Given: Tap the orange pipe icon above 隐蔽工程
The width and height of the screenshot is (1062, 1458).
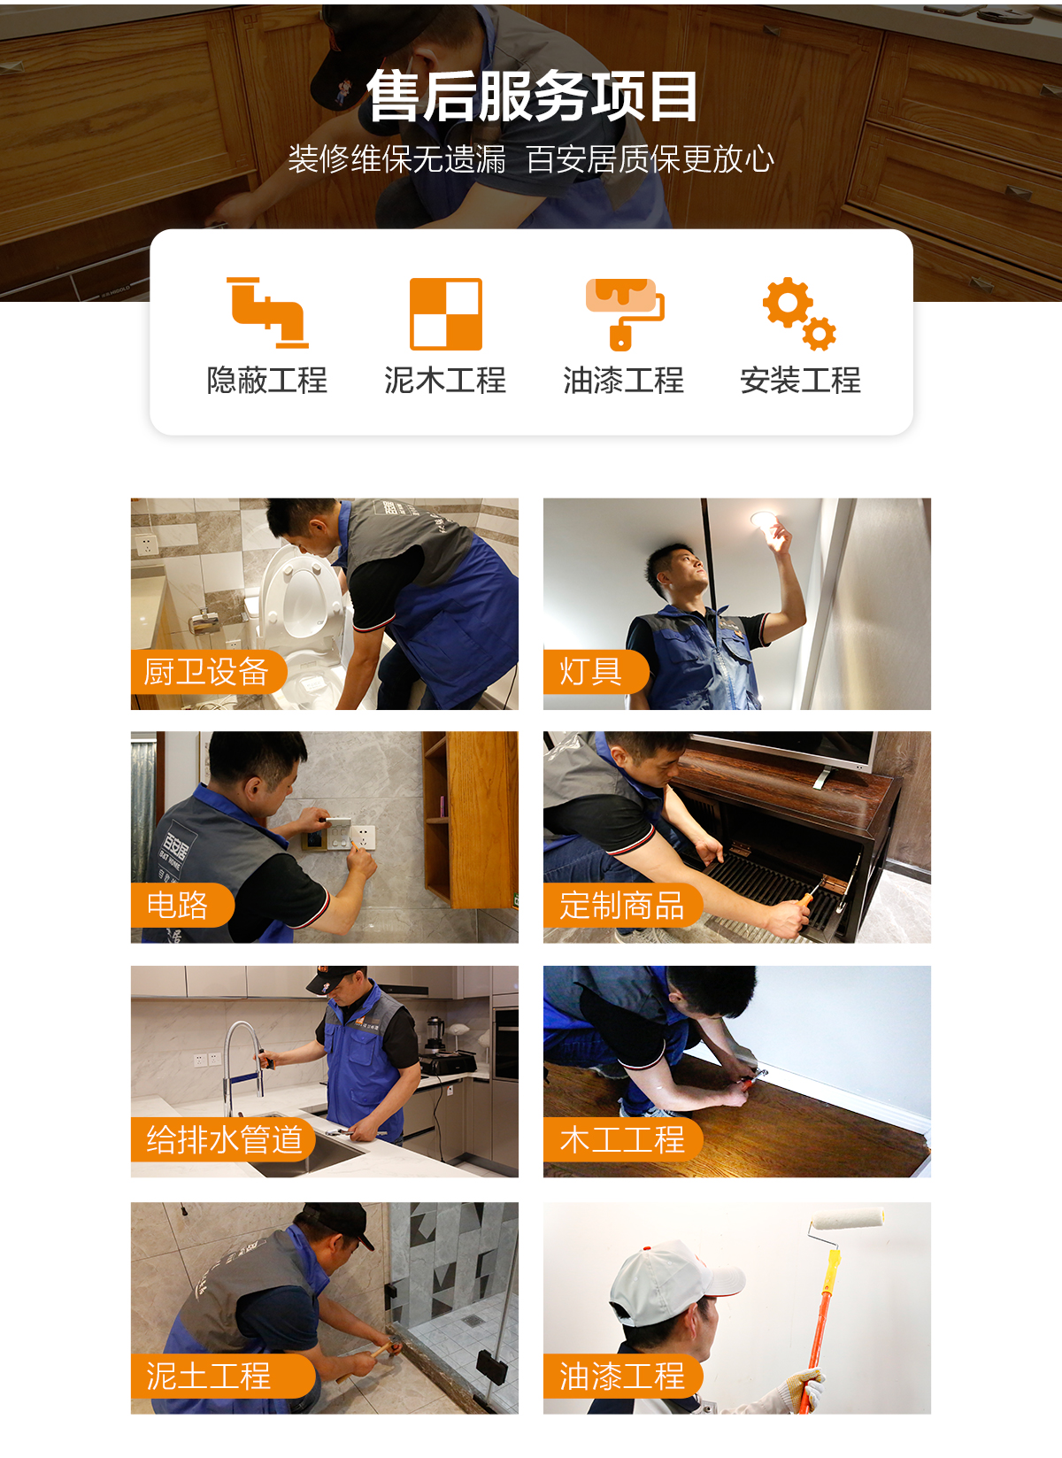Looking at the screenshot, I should [x=267, y=312].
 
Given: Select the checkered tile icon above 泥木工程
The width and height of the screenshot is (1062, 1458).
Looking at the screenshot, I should [x=445, y=313].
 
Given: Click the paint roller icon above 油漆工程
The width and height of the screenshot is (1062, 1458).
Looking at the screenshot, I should [x=624, y=312].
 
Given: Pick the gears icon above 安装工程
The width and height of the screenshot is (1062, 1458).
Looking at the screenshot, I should [x=799, y=313].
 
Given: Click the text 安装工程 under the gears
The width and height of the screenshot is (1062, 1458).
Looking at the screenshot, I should [x=800, y=381].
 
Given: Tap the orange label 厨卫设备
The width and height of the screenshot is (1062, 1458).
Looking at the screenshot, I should [x=206, y=672].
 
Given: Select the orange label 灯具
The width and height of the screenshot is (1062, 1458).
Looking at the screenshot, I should [x=591, y=672].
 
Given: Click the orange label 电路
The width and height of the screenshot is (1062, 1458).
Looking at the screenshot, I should [x=178, y=905].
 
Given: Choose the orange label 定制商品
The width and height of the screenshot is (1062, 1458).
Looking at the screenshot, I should [x=621, y=905].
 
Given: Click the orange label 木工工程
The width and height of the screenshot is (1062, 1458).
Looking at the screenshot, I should [x=621, y=1139].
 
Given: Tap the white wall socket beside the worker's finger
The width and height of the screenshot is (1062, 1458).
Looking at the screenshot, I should [x=364, y=836].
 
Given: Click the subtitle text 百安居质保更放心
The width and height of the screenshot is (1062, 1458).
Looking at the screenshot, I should [x=650, y=159].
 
